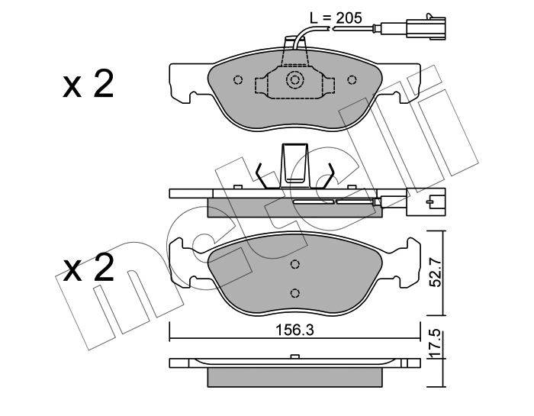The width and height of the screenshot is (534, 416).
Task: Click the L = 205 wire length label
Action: [336, 18]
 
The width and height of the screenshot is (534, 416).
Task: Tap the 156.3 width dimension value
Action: [294, 330]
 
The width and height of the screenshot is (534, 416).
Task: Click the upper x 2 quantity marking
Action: [88, 84]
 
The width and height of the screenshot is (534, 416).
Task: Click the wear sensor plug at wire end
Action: [429, 27]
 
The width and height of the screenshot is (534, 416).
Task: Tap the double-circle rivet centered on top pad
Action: [294, 80]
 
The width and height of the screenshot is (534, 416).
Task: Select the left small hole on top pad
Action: [238, 79]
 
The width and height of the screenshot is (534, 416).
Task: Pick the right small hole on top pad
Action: [352, 79]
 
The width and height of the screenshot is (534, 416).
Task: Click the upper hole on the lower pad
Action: [295, 264]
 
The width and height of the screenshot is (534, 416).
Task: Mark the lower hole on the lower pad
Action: [295, 292]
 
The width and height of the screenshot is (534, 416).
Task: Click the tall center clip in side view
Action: [294, 165]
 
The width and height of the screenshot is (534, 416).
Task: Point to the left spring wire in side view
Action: [261, 176]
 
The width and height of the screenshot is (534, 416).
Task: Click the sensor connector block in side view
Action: [426, 202]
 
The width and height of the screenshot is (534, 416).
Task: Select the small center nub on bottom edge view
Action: [294, 356]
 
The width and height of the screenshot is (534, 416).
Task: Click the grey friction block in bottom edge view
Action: [294, 377]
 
